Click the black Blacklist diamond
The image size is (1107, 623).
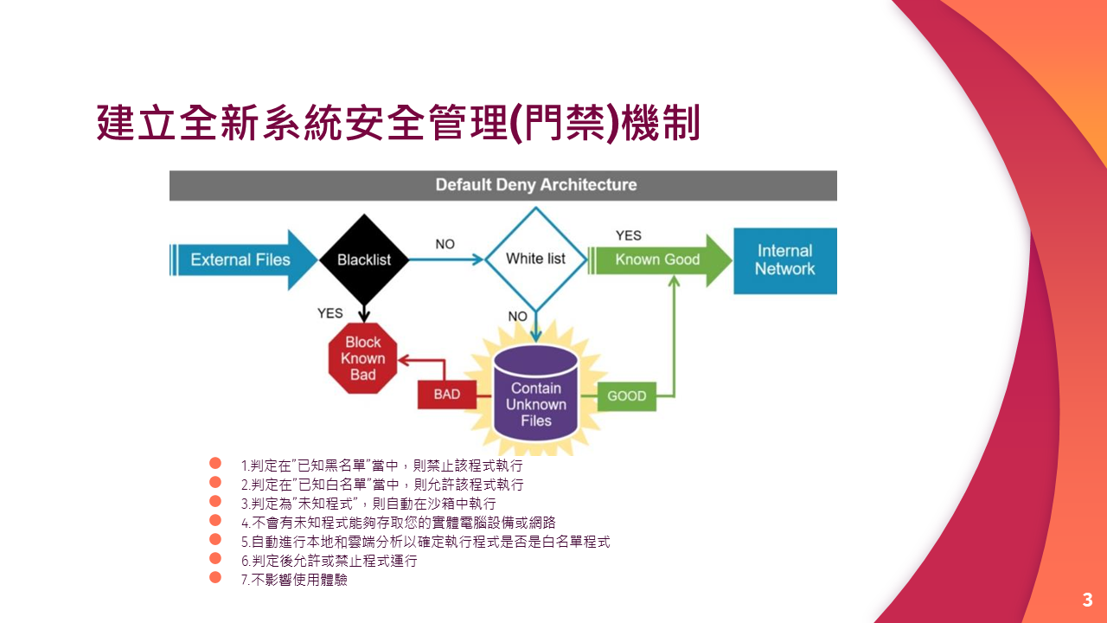[363, 259]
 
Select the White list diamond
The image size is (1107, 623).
[535, 259]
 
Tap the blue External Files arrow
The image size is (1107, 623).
[240, 260]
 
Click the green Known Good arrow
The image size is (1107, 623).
[657, 260]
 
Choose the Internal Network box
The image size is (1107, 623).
[784, 260]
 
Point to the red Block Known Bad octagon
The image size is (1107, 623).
[363, 358]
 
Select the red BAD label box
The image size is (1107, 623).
[446, 395]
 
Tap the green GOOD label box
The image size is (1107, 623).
[627, 395]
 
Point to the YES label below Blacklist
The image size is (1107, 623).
[330, 313]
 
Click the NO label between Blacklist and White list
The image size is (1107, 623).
[445, 244]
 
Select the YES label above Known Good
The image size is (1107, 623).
[629, 235]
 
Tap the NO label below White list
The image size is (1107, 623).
[517, 317]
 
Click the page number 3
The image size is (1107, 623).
[1087, 601]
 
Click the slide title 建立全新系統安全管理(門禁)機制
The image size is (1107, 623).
[398, 123]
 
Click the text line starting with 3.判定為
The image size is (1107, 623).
[368, 504]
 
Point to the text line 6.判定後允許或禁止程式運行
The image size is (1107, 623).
[329, 561]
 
